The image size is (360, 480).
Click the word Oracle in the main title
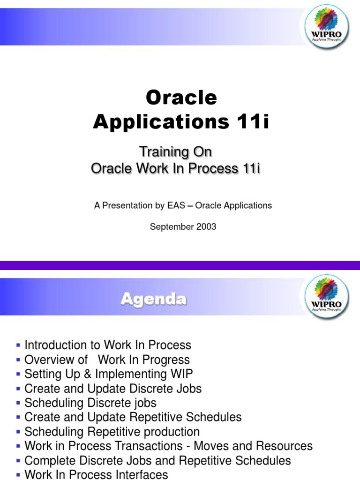(x=181, y=97)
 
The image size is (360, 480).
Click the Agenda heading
(x=153, y=299)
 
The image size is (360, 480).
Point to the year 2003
(x=207, y=227)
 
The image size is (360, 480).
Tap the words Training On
(x=175, y=152)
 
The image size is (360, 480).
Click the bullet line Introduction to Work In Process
(x=108, y=345)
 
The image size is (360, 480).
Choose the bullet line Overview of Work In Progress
(x=107, y=360)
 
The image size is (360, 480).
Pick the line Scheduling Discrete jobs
(x=90, y=403)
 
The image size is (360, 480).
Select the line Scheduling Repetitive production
(x=112, y=432)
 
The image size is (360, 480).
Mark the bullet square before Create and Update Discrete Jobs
(x=18, y=389)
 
